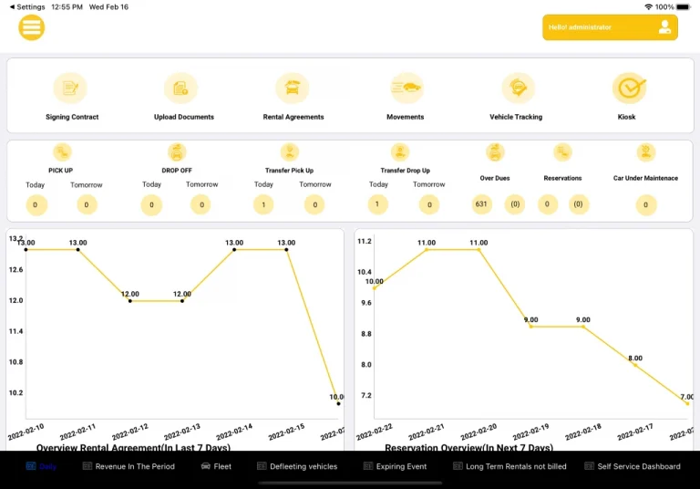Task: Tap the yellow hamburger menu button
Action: pyautogui.click(x=32, y=27)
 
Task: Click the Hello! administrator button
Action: pyautogui.click(x=610, y=27)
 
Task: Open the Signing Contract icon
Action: pyautogui.click(x=70, y=88)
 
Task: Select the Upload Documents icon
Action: pyautogui.click(x=181, y=88)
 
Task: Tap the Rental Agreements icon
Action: pyautogui.click(x=293, y=88)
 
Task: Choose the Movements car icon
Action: pyautogui.click(x=406, y=88)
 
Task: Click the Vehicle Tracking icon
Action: pyautogui.click(x=518, y=88)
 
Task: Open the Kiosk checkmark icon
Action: pyautogui.click(x=629, y=88)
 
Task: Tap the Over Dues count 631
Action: pyautogui.click(x=482, y=204)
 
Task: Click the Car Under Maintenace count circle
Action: pyautogui.click(x=645, y=204)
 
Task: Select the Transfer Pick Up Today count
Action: pyautogui.click(x=264, y=204)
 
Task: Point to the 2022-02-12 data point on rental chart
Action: pyautogui.click(x=130, y=301)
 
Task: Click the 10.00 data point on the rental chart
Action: pyautogui.click(x=338, y=403)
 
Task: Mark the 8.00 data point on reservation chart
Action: pyautogui.click(x=635, y=364)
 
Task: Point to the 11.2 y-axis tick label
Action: pyautogui.click(x=365, y=242)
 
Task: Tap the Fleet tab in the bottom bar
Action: pyautogui.click(x=216, y=466)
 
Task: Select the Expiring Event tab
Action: pyautogui.click(x=395, y=466)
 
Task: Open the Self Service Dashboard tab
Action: pyautogui.click(x=633, y=466)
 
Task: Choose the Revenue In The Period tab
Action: pyautogui.click(x=129, y=466)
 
